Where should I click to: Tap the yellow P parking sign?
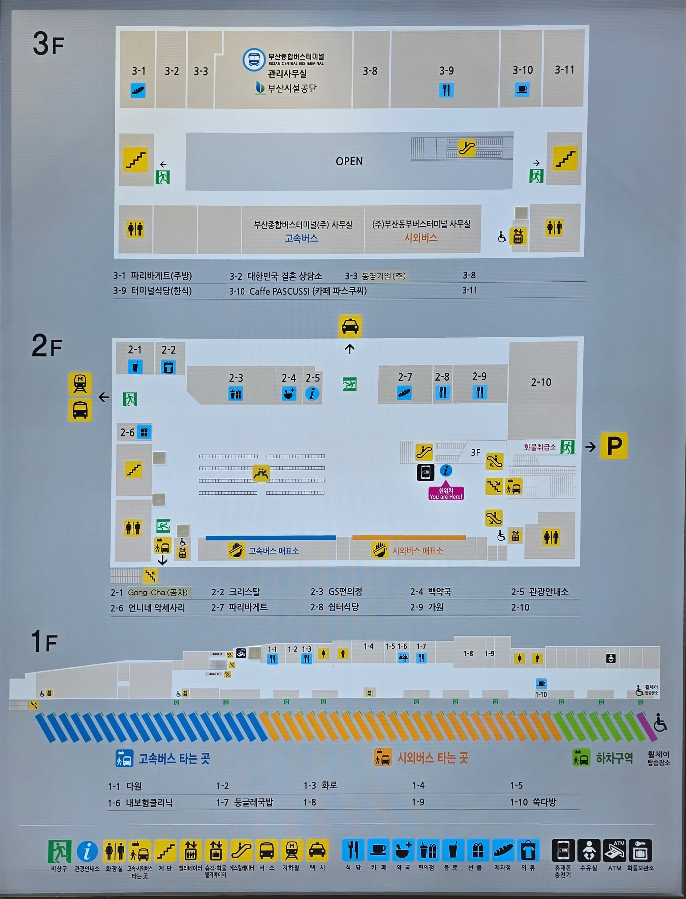coord(614,445)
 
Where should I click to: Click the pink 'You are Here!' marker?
coord(446,494)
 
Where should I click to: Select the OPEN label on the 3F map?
coord(349,161)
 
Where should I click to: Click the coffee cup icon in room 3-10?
coord(522,89)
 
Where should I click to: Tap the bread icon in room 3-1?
coord(138,90)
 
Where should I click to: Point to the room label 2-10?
coord(541,382)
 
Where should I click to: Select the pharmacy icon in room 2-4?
coord(289,394)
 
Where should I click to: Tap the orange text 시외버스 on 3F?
coord(421,238)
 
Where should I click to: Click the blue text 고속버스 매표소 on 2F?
coord(274,551)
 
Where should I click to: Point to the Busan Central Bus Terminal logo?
coord(253,60)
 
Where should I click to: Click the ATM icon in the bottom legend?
coord(615,851)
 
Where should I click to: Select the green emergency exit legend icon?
coord(60,851)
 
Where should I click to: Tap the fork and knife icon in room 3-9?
coord(446,90)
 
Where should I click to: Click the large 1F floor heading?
coord(44,641)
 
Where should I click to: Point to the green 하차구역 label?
coord(614,758)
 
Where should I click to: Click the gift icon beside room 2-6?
coord(144,432)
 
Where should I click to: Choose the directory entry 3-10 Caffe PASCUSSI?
coord(298,291)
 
